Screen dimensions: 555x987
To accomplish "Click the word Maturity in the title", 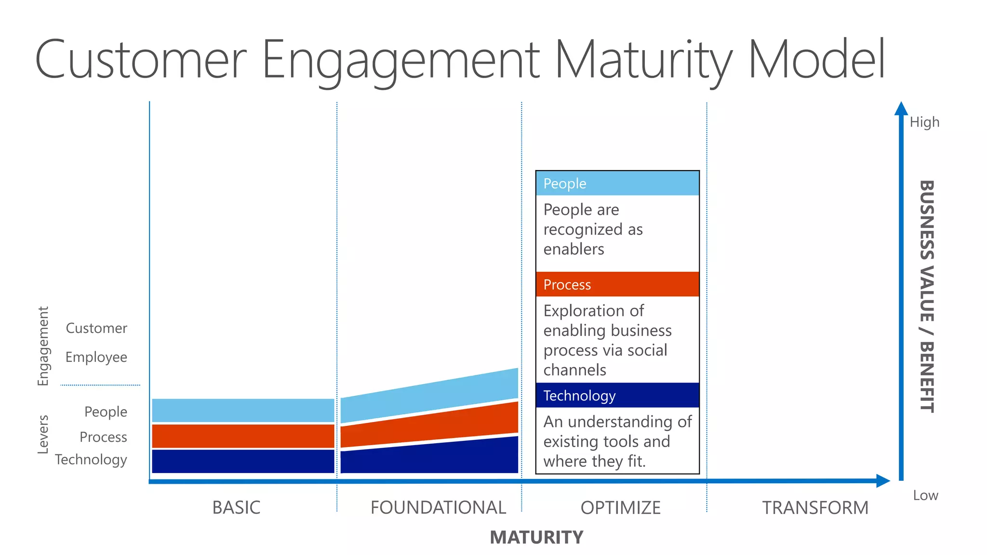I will coord(643,60).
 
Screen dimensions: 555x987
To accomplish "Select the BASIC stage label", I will coord(236,507).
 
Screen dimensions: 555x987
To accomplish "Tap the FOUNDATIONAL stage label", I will coord(438,507).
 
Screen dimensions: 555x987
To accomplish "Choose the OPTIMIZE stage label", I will coord(620,507).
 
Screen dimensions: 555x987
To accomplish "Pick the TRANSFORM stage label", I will coord(815,507).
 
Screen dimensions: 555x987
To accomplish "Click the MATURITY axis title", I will coord(536,537).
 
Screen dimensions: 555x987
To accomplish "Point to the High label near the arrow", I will coord(924,122).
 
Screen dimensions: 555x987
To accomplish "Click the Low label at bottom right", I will coord(925,495).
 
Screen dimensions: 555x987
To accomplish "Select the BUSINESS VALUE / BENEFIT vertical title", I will coord(927,296).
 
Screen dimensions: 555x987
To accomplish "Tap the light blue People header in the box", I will coord(617,184).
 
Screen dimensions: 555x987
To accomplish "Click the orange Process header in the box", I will coord(617,284).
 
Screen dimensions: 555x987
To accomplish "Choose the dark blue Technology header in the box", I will coord(617,396).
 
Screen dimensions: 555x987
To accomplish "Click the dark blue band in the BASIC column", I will coord(243,461).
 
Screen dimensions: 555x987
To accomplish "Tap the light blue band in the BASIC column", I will coord(243,410).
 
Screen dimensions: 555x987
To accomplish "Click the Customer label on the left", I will coord(96,328).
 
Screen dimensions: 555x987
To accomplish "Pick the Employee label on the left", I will coord(96,357).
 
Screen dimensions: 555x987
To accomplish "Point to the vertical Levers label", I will coord(43,434).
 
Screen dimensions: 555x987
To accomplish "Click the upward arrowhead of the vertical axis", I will coord(901,109).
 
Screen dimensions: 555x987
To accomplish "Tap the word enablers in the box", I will coord(574,249).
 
